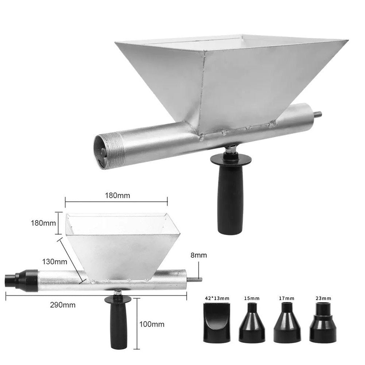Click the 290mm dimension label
tap(63, 305)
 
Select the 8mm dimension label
tap(199, 255)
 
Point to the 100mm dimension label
tap(152, 324)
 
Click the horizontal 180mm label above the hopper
tap(117, 195)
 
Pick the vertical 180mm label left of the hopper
tap(43, 223)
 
